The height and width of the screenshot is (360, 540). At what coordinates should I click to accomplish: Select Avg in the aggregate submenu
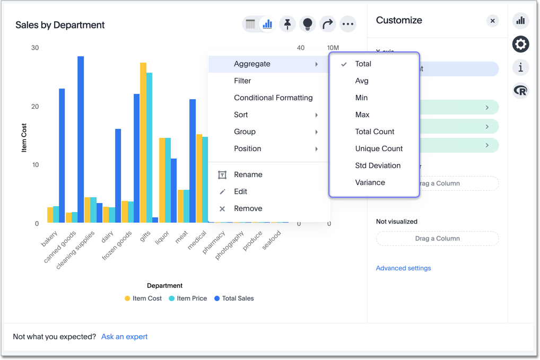point(362,81)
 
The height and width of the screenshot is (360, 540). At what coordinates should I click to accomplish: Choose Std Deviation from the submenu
point(378,165)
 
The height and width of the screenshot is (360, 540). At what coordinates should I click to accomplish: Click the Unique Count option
point(379,148)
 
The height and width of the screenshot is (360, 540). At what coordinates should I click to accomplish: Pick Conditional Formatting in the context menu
point(273,98)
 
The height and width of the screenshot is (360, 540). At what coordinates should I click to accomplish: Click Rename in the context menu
point(248,174)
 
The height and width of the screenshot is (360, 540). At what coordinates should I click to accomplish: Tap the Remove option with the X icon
point(248,208)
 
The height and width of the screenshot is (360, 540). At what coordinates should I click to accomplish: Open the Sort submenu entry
point(241,115)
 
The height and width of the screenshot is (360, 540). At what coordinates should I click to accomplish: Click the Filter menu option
point(242,81)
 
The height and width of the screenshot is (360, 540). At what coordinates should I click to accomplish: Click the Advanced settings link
point(403,268)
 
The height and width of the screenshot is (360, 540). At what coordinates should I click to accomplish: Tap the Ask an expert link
point(124,337)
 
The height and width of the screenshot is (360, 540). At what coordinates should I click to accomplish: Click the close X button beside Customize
point(492,21)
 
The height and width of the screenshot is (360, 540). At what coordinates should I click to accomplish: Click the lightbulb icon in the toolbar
point(307,24)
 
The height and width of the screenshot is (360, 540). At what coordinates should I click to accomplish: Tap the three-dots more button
point(347,24)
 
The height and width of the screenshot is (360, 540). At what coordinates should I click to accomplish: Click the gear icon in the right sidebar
point(520,44)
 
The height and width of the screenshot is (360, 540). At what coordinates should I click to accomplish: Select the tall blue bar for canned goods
point(81,139)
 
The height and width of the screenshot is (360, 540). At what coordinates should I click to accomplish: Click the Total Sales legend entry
point(234,298)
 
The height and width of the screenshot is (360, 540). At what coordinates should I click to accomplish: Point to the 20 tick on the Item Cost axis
point(35,107)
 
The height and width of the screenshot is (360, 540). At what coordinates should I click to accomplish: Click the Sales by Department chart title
point(60,25)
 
